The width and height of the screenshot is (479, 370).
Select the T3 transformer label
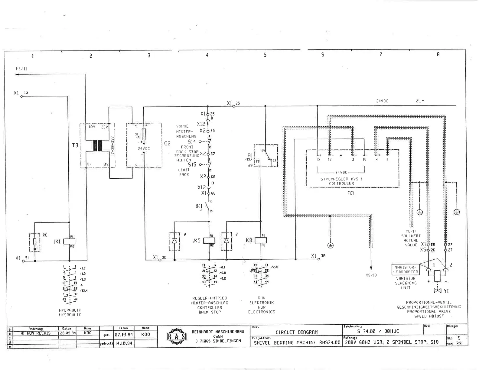click(75, 145)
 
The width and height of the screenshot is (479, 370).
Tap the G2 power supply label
click(167, 144)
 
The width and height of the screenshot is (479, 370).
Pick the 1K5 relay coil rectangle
click(209, 241)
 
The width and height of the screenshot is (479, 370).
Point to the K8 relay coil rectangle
click(261, 240)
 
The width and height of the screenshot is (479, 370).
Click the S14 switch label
click(192, 141)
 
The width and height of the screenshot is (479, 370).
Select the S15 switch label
click(192, 165)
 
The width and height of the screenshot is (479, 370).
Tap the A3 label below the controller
click(350, 193)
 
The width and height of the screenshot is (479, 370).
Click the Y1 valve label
click(446, 291)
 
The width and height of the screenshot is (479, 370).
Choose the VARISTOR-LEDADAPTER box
click(406, 269)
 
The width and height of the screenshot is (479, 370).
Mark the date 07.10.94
click(123, 335)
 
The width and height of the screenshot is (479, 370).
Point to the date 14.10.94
click(123, 343)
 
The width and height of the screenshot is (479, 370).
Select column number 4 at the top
click(207, 55)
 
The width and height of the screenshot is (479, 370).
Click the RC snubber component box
click(35, 242)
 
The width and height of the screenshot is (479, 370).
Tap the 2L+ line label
click(420, 101)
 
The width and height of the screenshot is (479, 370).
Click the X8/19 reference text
click(371, 275)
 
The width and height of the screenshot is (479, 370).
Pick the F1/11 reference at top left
click(21, 69)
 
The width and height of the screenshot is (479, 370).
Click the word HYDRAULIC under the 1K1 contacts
click(70, 315)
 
